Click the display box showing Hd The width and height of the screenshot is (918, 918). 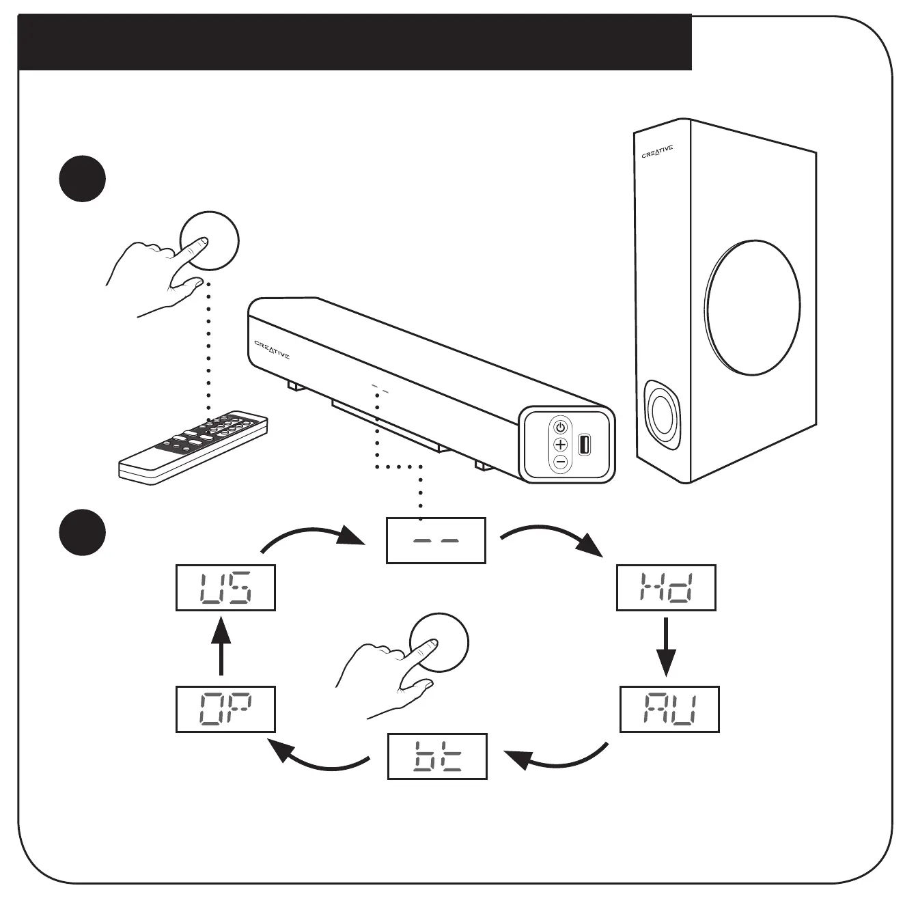tap(666, 587)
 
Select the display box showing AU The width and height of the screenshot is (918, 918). tap(669, 710)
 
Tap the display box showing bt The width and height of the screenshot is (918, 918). tap(437, 757)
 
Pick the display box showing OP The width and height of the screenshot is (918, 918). tap(225, 710)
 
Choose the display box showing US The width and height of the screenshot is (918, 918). tap(225, 587)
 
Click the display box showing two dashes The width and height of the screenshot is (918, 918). tap(436, 540)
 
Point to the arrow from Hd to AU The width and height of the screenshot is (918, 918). tap(666, 649)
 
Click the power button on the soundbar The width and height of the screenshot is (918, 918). tap(560, 428)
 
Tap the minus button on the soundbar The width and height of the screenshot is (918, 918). tap(560, 462)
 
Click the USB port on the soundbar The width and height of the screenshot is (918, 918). tap(584, 445)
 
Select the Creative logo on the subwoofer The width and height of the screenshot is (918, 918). tap(657, 151)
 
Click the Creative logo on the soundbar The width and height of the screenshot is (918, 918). tap(272, 350)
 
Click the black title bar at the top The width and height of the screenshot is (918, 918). tap(354, 42)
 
